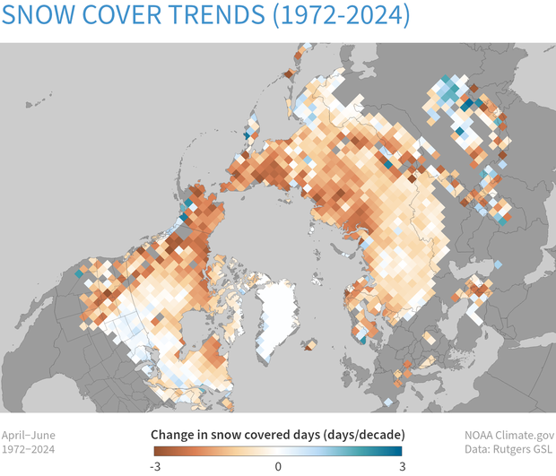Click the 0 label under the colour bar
[x=278, y=466]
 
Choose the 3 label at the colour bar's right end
[x=400, y=466]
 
